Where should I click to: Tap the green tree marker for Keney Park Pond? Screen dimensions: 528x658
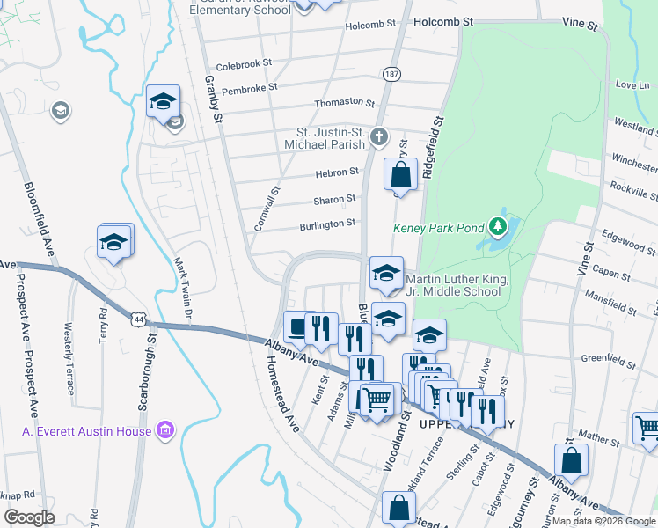pyautogui.click(x=499, y=227)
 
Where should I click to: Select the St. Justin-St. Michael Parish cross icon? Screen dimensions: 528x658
pyautogui.click(x=379, y=136)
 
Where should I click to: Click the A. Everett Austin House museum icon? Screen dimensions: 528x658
pyautogui.click(x=164, y=430)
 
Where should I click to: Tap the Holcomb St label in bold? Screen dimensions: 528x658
pyautogui.click(x=443, y=19)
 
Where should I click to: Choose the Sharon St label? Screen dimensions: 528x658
pyautogui.click(x=340, y=199)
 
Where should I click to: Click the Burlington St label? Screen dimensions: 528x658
pyautogui.click(x=327, y=224)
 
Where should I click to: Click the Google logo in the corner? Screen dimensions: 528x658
pyautogui.click(x=30, y=517)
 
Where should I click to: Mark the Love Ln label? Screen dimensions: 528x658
pyautogui.click(x=631, y=85)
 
